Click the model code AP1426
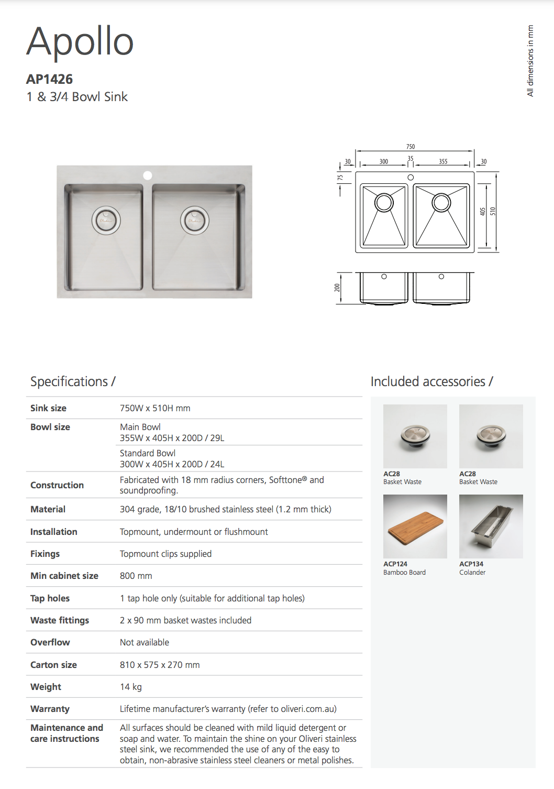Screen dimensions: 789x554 (x=49, y=79)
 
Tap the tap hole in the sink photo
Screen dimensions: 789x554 (x=148, y=176)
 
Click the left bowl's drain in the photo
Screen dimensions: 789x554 (x=106, y=221)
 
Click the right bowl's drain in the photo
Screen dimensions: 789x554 (x=195, y=221)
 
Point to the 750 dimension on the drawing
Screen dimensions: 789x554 (x=411, y=147)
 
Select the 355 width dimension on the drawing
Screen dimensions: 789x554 (x=443, y=161)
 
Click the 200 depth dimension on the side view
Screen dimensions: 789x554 (x=338, y=288)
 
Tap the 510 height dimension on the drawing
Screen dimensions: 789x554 (x=493, y=211)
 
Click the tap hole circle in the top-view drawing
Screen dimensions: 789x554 (x=411, y=178)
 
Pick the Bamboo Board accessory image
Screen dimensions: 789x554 (x=415, y=526)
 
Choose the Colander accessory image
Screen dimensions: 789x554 (x=491, y=526)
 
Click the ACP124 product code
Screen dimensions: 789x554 (x=395, y=564)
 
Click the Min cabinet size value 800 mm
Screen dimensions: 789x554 (x=136, y=576)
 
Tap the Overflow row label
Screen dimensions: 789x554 (x=50, y=642)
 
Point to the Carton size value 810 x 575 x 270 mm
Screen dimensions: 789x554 (x=160, y=665)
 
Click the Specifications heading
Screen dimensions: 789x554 (x=73, y=381)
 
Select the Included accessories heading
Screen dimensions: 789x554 (x=431, y=381)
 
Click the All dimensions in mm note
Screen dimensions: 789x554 (x=530, y=61)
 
